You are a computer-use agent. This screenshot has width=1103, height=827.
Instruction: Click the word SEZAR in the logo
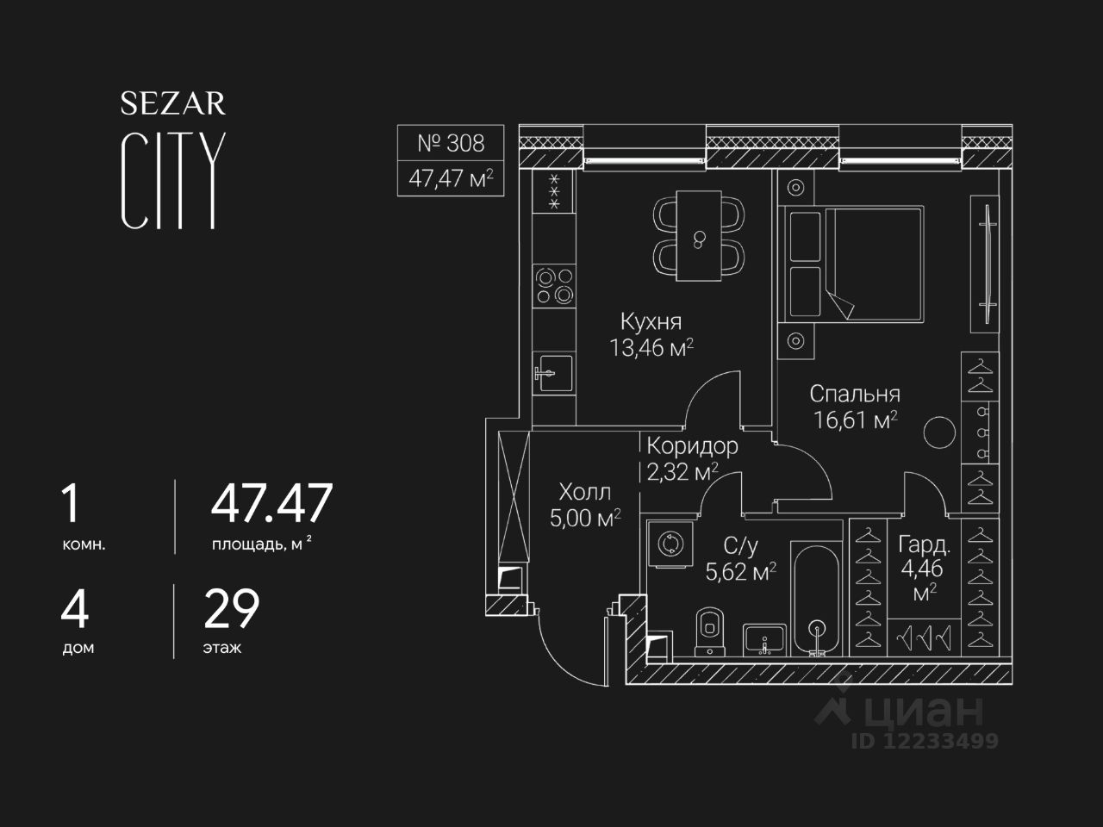click(x=172, y=104)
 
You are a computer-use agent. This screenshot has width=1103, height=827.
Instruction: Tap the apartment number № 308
click(x=451, y=142)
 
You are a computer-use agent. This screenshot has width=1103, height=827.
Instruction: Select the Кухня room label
click(x=651, y=321)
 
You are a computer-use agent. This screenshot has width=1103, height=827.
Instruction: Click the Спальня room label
click(x=855, y=394)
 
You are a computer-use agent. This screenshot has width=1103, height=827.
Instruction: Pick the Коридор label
click(x=692, y=445)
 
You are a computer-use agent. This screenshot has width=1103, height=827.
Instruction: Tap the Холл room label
click(x=584, y=492)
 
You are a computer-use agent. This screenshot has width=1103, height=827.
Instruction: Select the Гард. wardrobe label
click(x=924, y=544)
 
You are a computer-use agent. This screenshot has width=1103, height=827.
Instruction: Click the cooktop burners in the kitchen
click(x=553, y=286)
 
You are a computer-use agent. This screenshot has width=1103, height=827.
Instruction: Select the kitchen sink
click(x=552, y=373)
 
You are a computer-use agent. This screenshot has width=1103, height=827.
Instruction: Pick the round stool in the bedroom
click(x=938, y=432)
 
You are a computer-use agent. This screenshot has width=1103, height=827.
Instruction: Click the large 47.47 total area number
click(x=271, y=504)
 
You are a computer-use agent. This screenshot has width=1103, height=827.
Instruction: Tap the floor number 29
click(x=231, y=608)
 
